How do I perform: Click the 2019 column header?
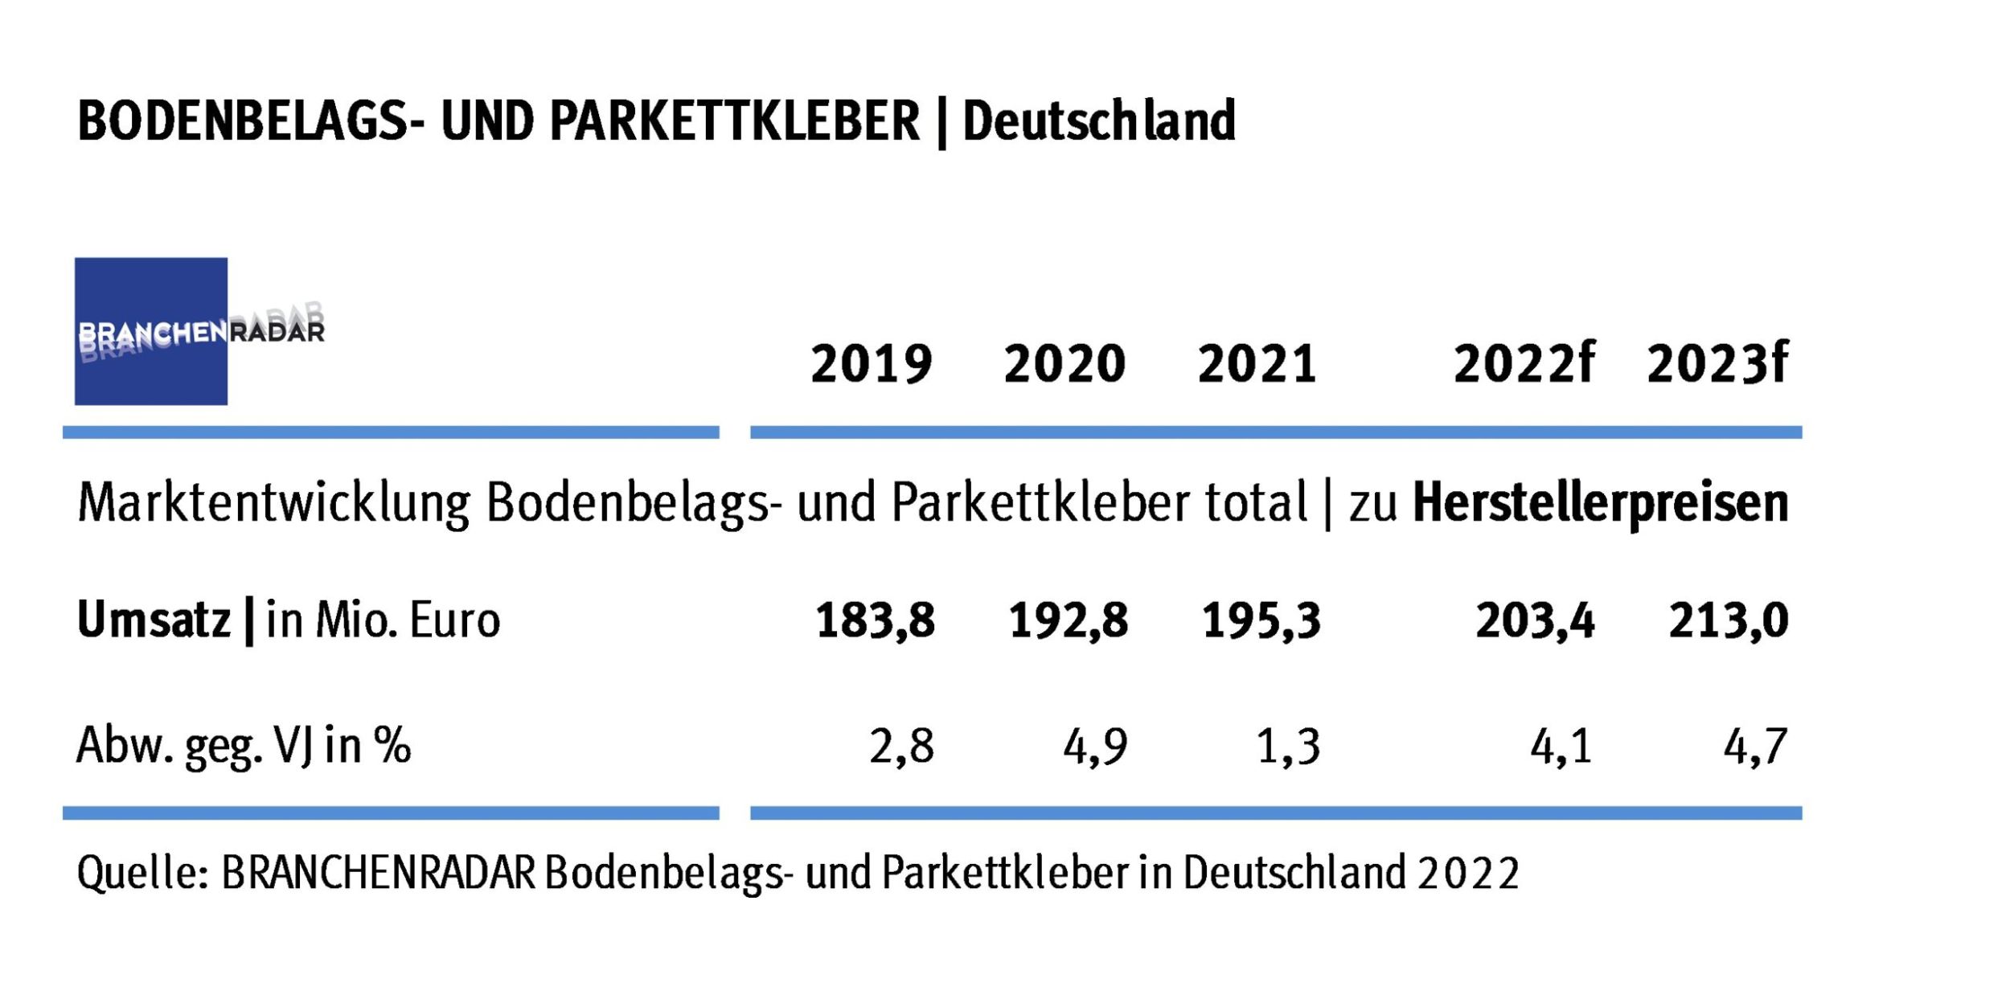point(871,364)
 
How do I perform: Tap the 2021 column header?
point(1257,364)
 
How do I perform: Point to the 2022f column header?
point(1524,364)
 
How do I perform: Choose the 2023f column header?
point(1717,364)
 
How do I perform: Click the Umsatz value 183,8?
point(875,621)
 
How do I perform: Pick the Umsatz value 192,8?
point(1068,621)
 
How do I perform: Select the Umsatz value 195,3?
point(1261,621)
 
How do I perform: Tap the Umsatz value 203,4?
point(1534,621)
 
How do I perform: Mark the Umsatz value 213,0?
point(1728,621)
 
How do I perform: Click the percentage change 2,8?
point(901,747)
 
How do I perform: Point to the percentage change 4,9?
point(1095,747)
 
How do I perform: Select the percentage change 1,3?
point(1287,747)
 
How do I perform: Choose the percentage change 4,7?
point(1754,747)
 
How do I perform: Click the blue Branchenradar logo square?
point(150,331)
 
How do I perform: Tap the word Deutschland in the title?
point(1098,122)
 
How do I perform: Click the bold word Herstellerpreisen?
point(1600,504)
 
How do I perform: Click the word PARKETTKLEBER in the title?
point(734,122)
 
